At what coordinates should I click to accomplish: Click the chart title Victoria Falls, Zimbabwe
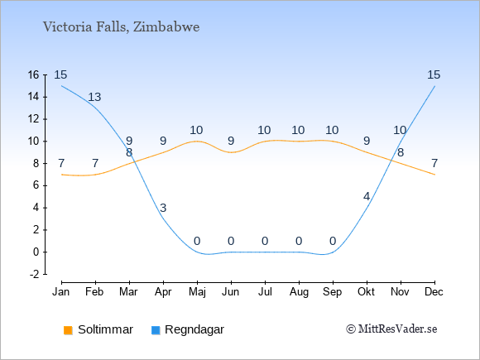click(121, 27)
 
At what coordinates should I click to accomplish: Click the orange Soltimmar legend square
click(68, 330)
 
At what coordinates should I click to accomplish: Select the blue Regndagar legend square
click(156, 330)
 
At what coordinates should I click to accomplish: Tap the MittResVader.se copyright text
click(391, 329)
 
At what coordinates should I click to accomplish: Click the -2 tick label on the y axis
click(35, 274)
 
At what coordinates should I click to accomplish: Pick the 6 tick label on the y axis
click(36, 185)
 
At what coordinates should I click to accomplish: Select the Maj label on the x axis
click(197, 292)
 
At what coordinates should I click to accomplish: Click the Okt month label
click(367, 292)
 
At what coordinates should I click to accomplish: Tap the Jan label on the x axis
click(61, 292)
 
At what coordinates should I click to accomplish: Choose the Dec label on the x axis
click(434, 292)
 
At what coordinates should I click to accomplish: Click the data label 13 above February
click(94, 97)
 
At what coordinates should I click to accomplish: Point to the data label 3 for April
click(163, 208)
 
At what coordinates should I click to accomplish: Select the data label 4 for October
click(367, 196)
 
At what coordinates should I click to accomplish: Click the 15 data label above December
click(434, 74)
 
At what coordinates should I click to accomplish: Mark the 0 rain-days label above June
click(231, 241)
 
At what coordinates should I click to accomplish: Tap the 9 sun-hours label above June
click(231, 142)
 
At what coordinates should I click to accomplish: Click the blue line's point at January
click(62, 86)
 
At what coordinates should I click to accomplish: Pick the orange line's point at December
click(434, 175)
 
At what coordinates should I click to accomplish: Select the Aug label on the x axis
click(299, 292)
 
